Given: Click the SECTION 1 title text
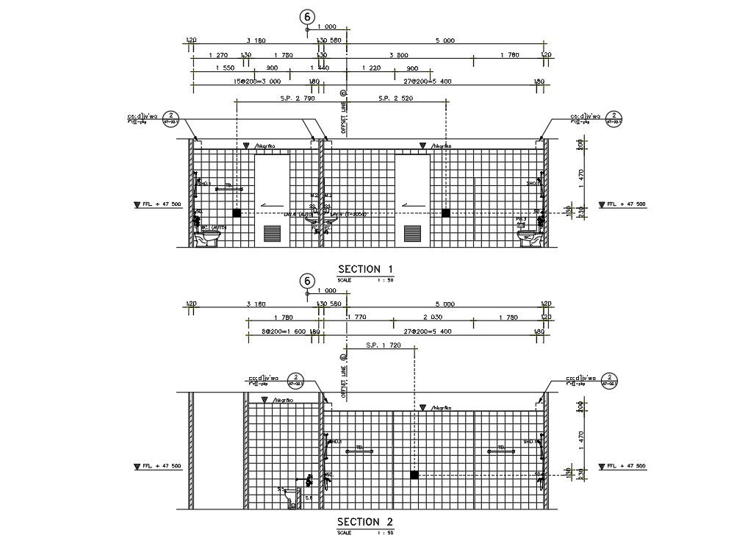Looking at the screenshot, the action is tap(365, 269).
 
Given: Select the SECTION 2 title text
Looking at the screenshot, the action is tap(365, 522).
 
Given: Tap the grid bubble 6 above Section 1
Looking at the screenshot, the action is tap(307, 15).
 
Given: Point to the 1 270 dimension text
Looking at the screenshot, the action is tap(218, 54).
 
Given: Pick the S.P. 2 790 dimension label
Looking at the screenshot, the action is tap(298, 98).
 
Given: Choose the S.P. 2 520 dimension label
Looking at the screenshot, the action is tap(396, 98).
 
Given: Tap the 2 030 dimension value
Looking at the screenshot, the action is tap(433, 318).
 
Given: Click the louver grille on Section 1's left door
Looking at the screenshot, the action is tap(272, 234).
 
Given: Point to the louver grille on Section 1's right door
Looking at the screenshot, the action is tap(412, 234).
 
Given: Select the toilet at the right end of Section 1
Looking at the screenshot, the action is tap(526, 239).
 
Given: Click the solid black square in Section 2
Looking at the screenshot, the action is tap(414, 476).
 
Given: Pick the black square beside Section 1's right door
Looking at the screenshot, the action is tap(445, 212).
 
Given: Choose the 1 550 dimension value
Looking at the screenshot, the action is tap(226, 68).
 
